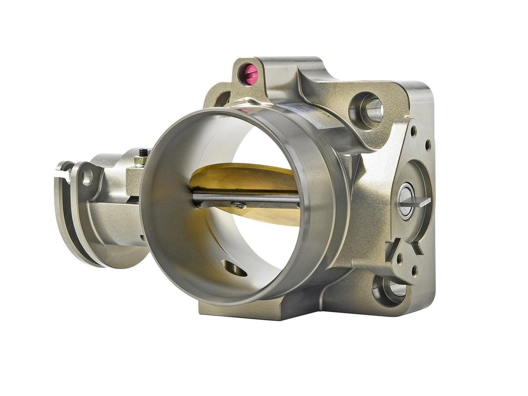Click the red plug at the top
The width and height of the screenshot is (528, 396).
pyautogui.click(x=250, y=74)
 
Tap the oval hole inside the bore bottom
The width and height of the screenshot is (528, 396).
pyautogui.click(x=234, y=268)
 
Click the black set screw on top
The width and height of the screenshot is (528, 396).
pyautogui.click(x=143, y=153)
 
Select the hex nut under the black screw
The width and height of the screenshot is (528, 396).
pyautogui.click(x=140, y=160)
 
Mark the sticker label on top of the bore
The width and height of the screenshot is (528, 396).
pyautogui.click(x=300, y=116)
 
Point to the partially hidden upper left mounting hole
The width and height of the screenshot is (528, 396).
pyautogui.click(x=222, y=99)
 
